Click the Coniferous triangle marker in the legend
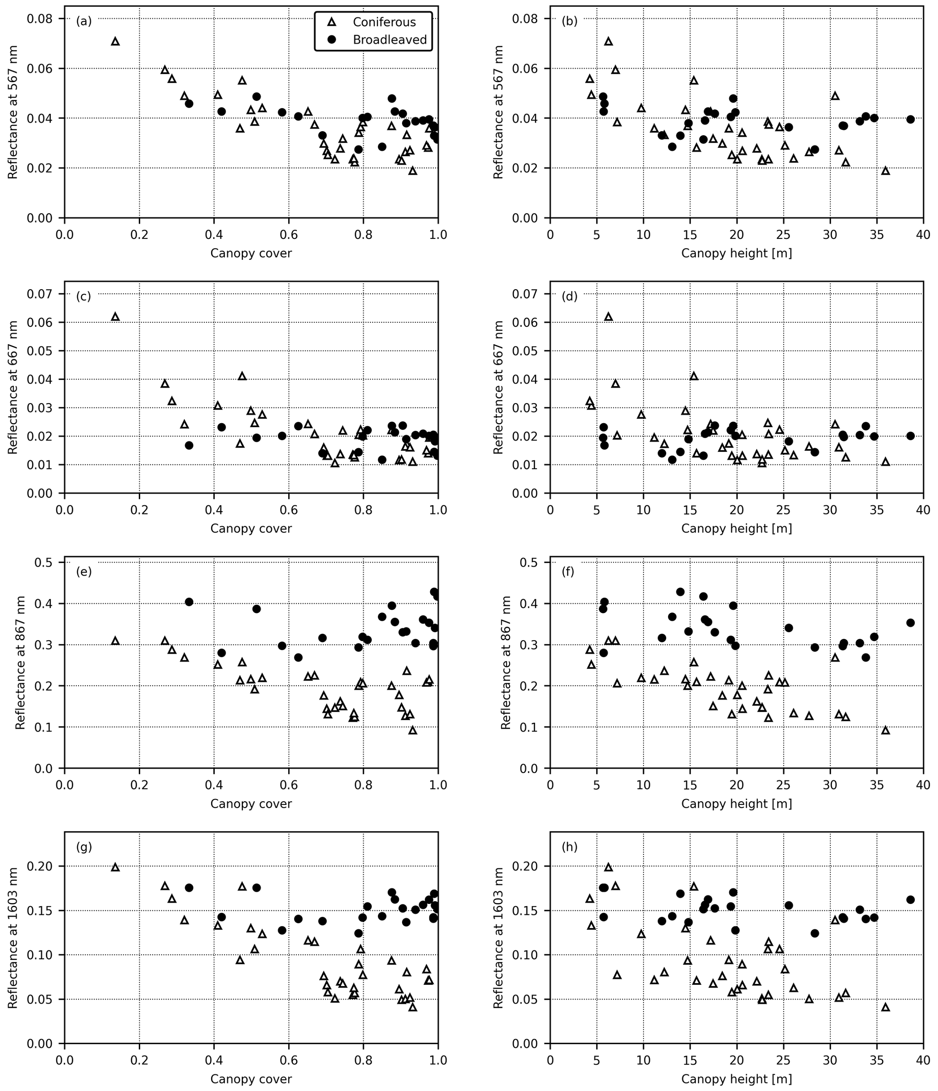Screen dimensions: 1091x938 click(332, 22)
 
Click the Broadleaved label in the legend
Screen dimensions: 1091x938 click(389, 40)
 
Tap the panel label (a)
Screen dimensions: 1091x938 click(83, 22)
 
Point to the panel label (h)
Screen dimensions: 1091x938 click(570, 847)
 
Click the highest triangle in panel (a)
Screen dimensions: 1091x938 click(115, 41)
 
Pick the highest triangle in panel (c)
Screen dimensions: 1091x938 click(115, 316)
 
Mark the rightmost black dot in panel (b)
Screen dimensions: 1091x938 click(910, 119)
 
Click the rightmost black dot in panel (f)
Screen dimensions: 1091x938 click(910, 623)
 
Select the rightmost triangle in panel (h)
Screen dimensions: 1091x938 click(885, 1007)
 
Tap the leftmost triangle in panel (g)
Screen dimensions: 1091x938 click(115, 867)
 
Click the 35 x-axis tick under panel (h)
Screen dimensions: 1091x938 click(877, 1059)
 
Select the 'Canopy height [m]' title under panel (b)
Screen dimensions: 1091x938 click(736, 254)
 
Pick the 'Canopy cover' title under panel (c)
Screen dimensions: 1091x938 click(251, 528)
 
